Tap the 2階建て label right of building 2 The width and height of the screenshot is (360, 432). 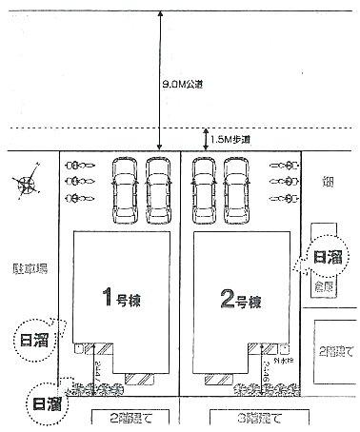click(x=335, y=351)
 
